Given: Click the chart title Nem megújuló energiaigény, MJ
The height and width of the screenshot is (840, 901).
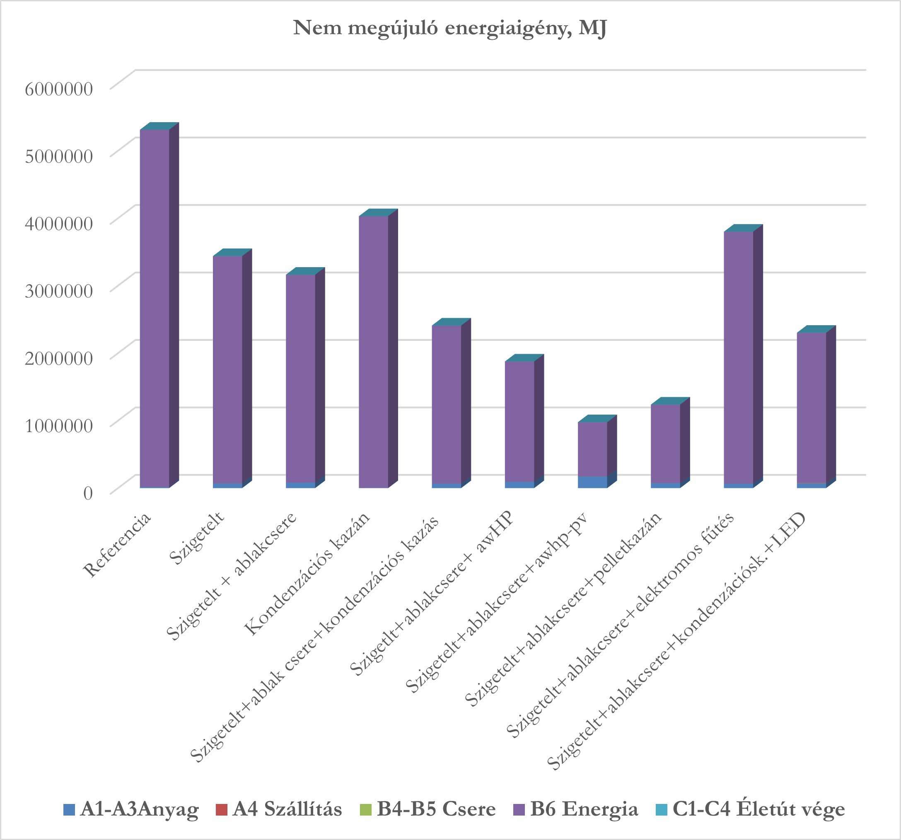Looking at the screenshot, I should tap(449, 28).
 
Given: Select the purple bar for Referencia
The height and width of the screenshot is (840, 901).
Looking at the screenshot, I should tap(154, 308).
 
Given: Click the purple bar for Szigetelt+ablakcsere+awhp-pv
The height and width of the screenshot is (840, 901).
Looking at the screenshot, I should tap(592, 449).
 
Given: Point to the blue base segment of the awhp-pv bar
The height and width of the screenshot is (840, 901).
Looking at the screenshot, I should tap(592, 482).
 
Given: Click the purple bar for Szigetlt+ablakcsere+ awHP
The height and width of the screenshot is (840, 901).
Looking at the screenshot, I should tap(519, 421).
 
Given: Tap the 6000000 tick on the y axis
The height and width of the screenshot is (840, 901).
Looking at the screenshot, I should tap(59, 89).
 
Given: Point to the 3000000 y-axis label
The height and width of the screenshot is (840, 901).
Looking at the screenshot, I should tap(59, 291).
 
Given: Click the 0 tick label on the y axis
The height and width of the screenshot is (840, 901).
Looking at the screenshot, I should tap(88, 493).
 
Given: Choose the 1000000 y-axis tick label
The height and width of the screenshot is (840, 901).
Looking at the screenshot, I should tap(59, 426).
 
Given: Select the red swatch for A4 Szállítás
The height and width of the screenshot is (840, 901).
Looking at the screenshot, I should tap(222, 810).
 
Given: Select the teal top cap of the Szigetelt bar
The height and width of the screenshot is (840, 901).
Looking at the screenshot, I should tap(232, 252).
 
